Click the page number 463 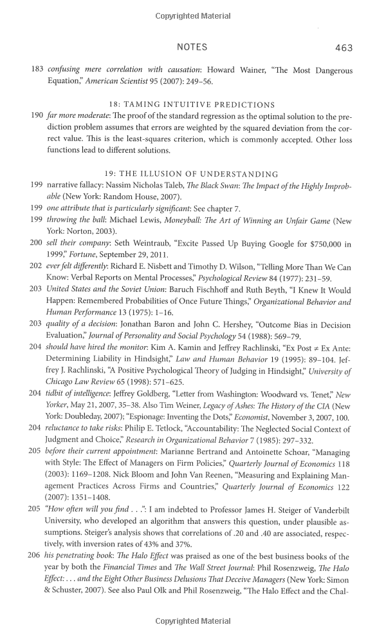[x=344, y=48]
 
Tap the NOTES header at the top [x=192, y=48]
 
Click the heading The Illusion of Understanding [x=191, y=174]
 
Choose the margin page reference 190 [x=37, y=115]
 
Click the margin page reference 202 [x=37, y=266]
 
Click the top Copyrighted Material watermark [x=193, y=15]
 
